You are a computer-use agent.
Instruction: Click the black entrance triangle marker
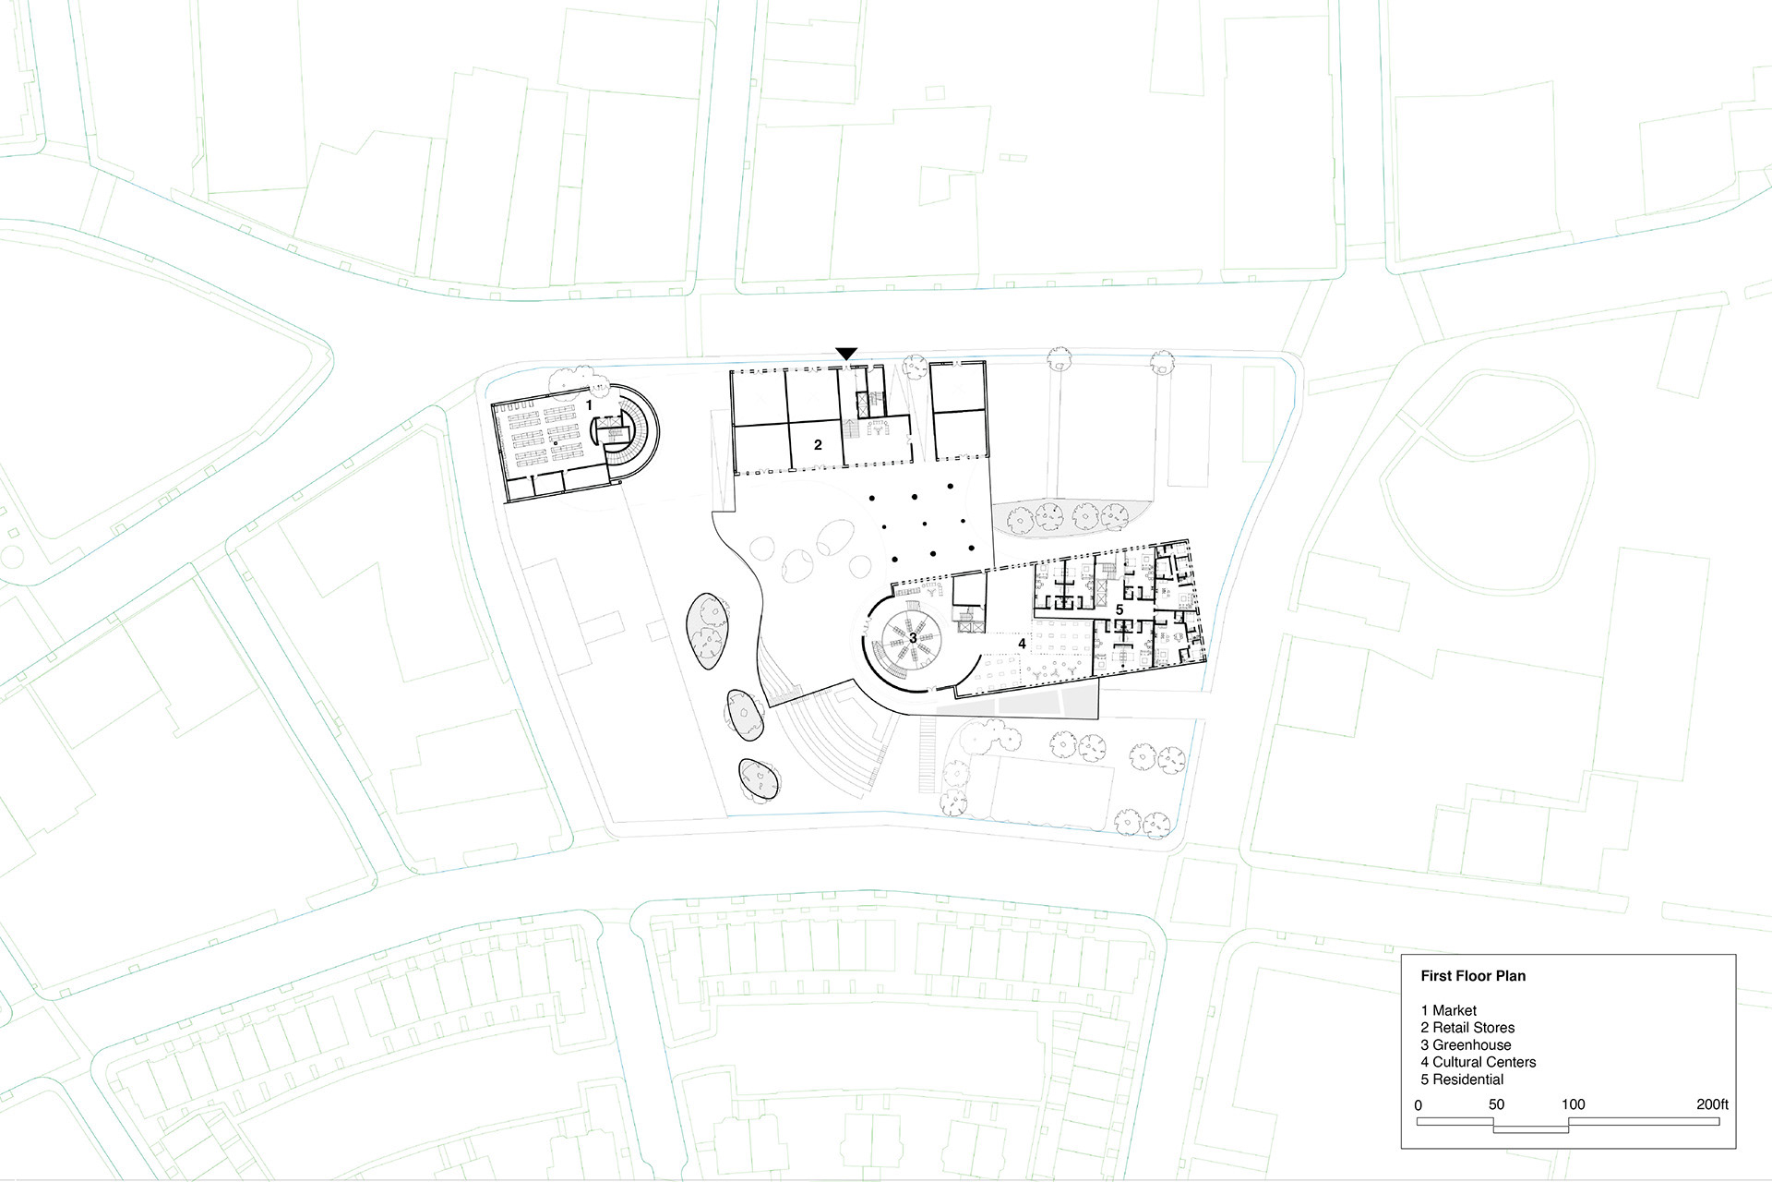846,354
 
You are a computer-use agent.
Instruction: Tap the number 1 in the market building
589,404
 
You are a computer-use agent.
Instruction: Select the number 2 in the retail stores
818,445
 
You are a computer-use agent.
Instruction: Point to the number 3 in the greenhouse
913,637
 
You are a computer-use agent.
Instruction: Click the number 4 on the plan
1022,644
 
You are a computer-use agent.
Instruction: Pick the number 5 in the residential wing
1119,610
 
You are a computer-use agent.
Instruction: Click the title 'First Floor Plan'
1473,976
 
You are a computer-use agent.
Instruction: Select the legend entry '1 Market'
1449,1011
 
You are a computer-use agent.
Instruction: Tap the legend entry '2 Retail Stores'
1467,1028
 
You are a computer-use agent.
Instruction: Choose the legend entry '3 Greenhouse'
1466,1045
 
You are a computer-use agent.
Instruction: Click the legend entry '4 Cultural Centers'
1479,1062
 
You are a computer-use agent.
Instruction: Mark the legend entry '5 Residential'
1462,1079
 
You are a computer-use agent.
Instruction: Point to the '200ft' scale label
1712,1104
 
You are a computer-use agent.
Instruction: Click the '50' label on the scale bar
1496,1104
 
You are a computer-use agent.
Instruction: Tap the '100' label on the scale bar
1573,1104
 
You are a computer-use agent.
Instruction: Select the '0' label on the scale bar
1419,1105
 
